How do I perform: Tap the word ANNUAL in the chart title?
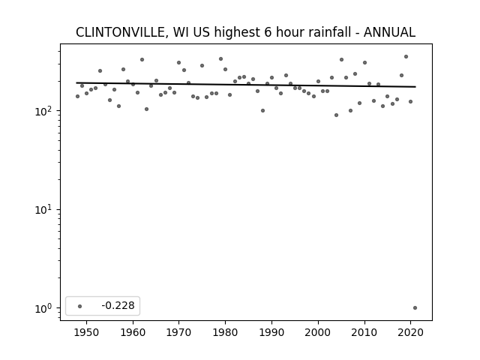point(389,32)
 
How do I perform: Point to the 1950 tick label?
point(87,332)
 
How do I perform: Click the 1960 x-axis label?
point(133,332)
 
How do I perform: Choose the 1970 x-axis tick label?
point(178,332)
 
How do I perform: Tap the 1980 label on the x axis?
point(225,332)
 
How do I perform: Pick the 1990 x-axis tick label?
point(271,332)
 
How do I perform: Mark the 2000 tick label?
point(318,332)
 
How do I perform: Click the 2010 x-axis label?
point(364,332)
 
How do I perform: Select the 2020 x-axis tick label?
point(411,332)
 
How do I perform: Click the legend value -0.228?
point(118,305)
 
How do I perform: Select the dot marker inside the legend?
point(80,306)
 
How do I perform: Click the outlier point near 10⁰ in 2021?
point(415,308)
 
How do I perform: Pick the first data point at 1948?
point(77,97)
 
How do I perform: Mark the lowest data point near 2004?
point(337,115)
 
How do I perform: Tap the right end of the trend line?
point(415,87)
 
